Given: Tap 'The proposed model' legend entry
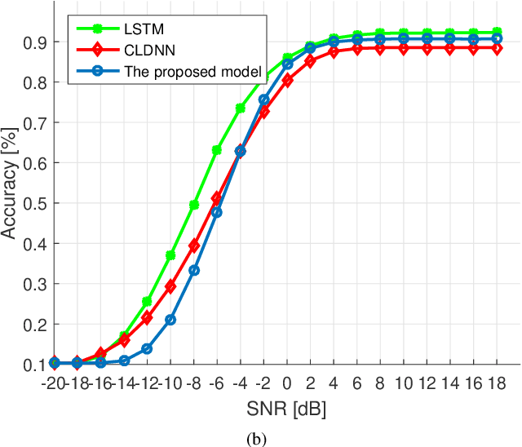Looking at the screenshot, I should pyautogui.click(x=192, y=71).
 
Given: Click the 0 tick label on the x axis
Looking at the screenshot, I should pyautogui.click(x=287, y=383).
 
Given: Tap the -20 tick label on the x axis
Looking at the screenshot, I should pyautogui.click(x=54, y=383).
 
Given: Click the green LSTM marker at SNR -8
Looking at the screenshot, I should pyautogui.click(x=194, y=205).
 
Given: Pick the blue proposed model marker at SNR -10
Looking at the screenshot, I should pyautogui.click(x=170, y=320).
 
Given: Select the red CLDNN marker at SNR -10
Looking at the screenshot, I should pyautogui.click(x=170, y=286).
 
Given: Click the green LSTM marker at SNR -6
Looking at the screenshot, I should pyautogui.click(x=217, y=150).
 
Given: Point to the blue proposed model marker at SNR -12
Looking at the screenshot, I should pyautogui.click(x=147, y=348).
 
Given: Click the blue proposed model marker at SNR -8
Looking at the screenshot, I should pyautogui.click(x=194, y=270).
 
